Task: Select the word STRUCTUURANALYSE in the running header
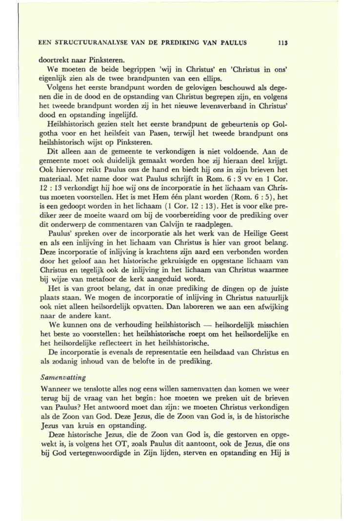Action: tap(84, 42)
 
